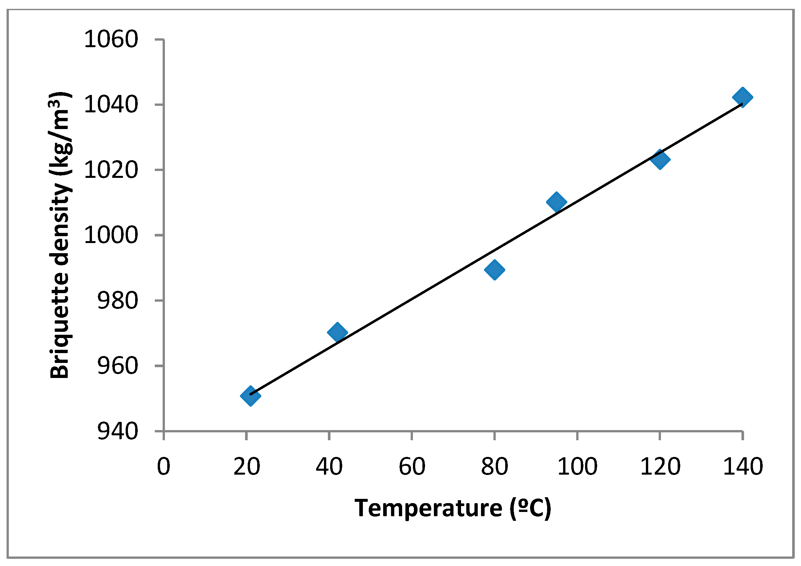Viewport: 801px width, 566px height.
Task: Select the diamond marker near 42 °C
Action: (x=337, y=332)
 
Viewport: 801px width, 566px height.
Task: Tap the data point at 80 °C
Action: (x=494, y=270)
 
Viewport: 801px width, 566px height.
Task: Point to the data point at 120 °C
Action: (x=660, y=160)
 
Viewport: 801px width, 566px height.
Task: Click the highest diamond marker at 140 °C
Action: (x=742, y=97)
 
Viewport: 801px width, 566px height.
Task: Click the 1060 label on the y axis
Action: (x=111, y=39)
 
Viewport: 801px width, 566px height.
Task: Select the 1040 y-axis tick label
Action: (x=111, y=104)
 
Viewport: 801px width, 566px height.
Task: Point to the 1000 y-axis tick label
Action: (x=111, y=235)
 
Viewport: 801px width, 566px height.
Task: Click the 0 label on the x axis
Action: (x=164, y=466)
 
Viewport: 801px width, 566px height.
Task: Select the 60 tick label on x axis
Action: (x=412, y=466)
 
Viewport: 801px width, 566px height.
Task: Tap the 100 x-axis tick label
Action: (x=578, y=466)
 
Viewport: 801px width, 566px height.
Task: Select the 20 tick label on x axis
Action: (x=247, y=466)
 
